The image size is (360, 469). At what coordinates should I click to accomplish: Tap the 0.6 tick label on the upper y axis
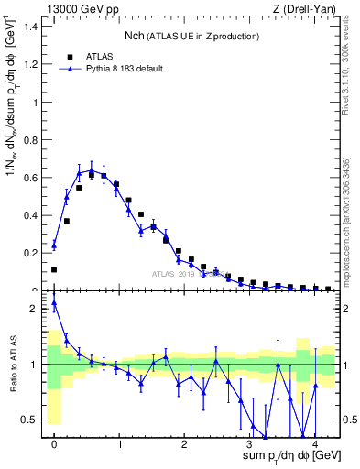32,178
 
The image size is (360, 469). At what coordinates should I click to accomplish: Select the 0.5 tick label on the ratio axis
32,420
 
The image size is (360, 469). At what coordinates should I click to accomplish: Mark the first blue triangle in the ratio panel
54,302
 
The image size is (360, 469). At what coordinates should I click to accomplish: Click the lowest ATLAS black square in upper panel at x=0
54,270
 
